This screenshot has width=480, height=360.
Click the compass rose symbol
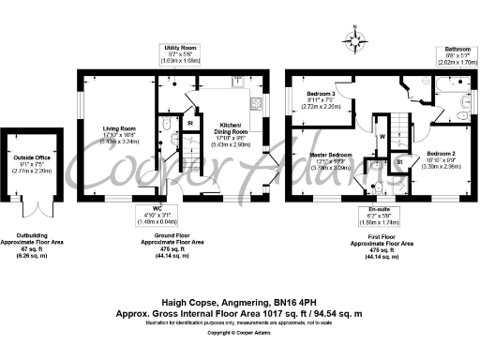click(354, 40)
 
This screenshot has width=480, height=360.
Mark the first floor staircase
click(400, 122)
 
